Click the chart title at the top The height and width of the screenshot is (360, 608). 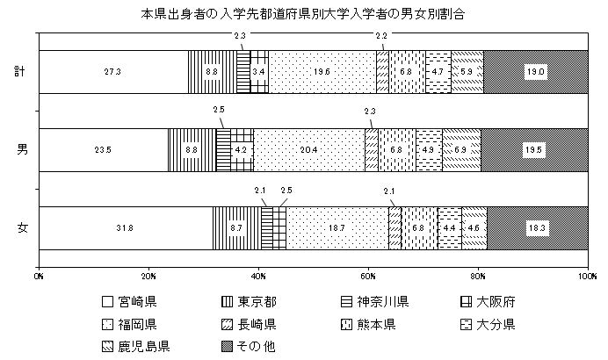[303, 15]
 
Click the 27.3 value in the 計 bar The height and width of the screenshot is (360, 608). [112, 72]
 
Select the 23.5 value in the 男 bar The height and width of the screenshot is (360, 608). [103, 150]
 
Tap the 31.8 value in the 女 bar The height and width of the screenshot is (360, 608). [125, 228]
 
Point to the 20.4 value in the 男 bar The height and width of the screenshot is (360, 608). [308, 150]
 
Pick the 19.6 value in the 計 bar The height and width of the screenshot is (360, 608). [321, 72]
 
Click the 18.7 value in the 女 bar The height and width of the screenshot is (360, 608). [337, 228]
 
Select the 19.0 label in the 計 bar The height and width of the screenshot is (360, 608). [535, 72]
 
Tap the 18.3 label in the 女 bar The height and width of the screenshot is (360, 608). [538, 228]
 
